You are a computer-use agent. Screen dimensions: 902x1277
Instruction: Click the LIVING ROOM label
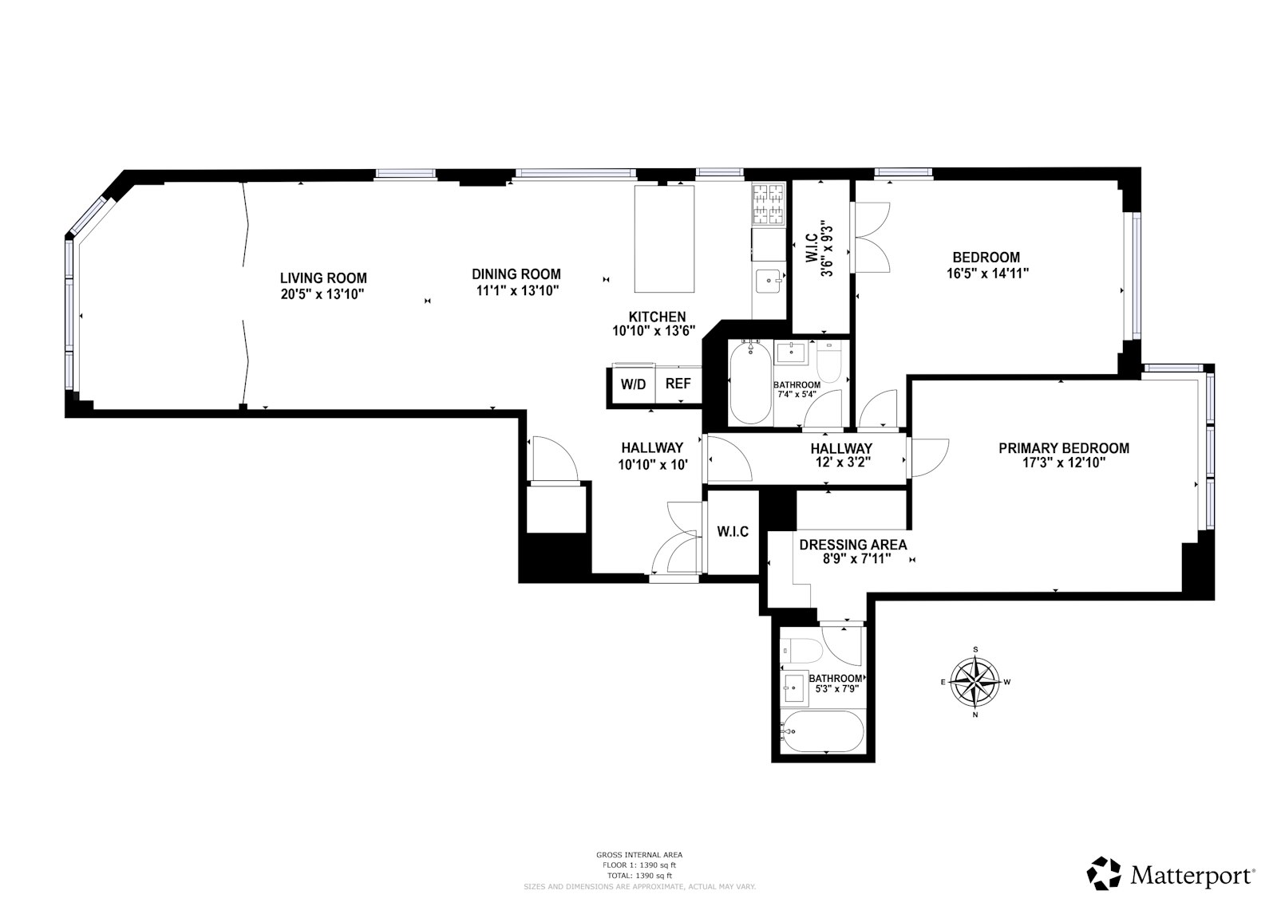click(x=323, y=278)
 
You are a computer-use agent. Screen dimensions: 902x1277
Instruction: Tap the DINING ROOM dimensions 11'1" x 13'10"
click(x=516, y=291)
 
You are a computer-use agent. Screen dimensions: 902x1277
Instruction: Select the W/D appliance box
click(x=634, y=384)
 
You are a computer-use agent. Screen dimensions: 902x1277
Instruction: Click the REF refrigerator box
click(x=678, y=384)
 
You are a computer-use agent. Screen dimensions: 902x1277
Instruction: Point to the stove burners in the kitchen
click(x=769, y=204)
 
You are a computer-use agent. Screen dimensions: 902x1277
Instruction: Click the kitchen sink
click(x=768, y=280)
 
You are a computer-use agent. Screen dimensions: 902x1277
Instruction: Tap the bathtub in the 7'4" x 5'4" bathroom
click(x=750, y=383)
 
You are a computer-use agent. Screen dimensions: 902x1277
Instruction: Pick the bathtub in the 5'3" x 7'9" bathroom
click(x=822, y=731)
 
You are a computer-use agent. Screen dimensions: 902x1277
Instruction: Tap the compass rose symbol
click(x=975, y=682)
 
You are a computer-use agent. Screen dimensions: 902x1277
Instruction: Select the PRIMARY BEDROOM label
click(x=1063, y=449)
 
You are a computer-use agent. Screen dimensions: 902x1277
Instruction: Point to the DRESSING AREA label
click(x=852, y=545)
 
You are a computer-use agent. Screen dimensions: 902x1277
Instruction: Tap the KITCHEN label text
click(x=656, y=317)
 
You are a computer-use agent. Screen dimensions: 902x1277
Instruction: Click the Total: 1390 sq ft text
click(x=638, y=875)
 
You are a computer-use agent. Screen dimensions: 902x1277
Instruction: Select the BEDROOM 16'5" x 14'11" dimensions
click(x=986, y=273)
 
